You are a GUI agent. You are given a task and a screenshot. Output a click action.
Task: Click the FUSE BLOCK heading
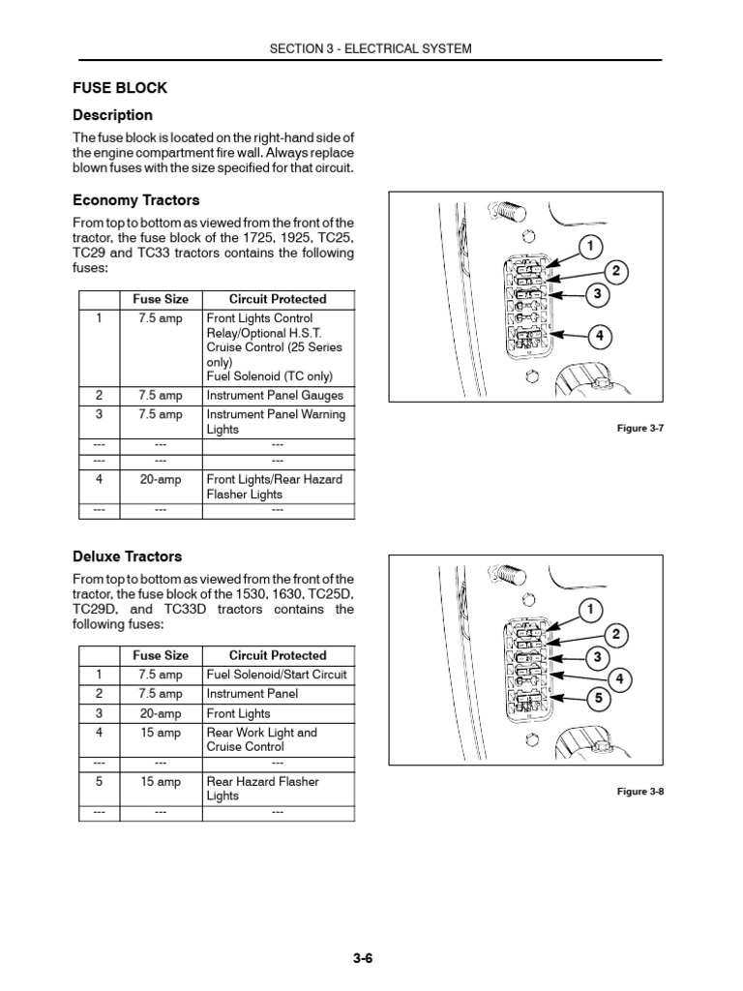pyautogui.click(x=120, y=88)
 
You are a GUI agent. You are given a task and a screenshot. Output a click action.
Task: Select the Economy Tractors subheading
pyautogui.click(x=136, y=200)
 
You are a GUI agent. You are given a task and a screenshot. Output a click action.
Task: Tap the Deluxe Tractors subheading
pyautogui.click(x=128, y=556)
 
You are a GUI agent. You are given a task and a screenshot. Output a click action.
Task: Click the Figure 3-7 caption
pyautogui.click(x=640, y=428)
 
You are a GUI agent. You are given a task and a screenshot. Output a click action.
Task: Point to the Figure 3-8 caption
pyautogui.click(x=640, y=791)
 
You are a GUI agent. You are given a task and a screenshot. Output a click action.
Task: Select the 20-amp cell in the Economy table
pyautogui.click(x=161, y=479)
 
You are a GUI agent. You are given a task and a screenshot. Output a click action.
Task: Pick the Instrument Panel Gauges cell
pyautogui.click(x=275, y=396)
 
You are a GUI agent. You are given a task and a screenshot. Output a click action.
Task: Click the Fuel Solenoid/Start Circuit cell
pyautogui.click(x=277, y=675)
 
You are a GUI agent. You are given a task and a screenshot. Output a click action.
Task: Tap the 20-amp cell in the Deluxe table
pyautogui.click(x=161, y=713)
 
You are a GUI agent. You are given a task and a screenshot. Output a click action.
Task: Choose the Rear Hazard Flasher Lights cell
pyautogui.click(x=262, y=788)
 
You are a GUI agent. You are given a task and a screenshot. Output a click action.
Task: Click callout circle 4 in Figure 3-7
pyautogui.click(x=600, y=336)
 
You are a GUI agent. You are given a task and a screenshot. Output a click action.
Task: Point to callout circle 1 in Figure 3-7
pyautogui.click(x=587, y=246)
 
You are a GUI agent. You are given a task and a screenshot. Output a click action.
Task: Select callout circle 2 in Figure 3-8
pyautogui.click(x=612, y=634)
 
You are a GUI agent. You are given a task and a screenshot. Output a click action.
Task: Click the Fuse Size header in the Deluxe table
pyautogui.click(x=161, y=655)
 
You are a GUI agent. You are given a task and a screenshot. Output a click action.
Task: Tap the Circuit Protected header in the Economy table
pyautogui.click(x=278, y=299)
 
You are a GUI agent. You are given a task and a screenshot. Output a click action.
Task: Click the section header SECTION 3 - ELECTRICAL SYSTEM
pyautogui.click(x=371, y=48)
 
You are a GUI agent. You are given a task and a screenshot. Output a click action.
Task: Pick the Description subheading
pyautogui.click(x=113, y=115)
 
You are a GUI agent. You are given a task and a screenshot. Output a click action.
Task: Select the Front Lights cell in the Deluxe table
pyautogui.click(x=239, y=713)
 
